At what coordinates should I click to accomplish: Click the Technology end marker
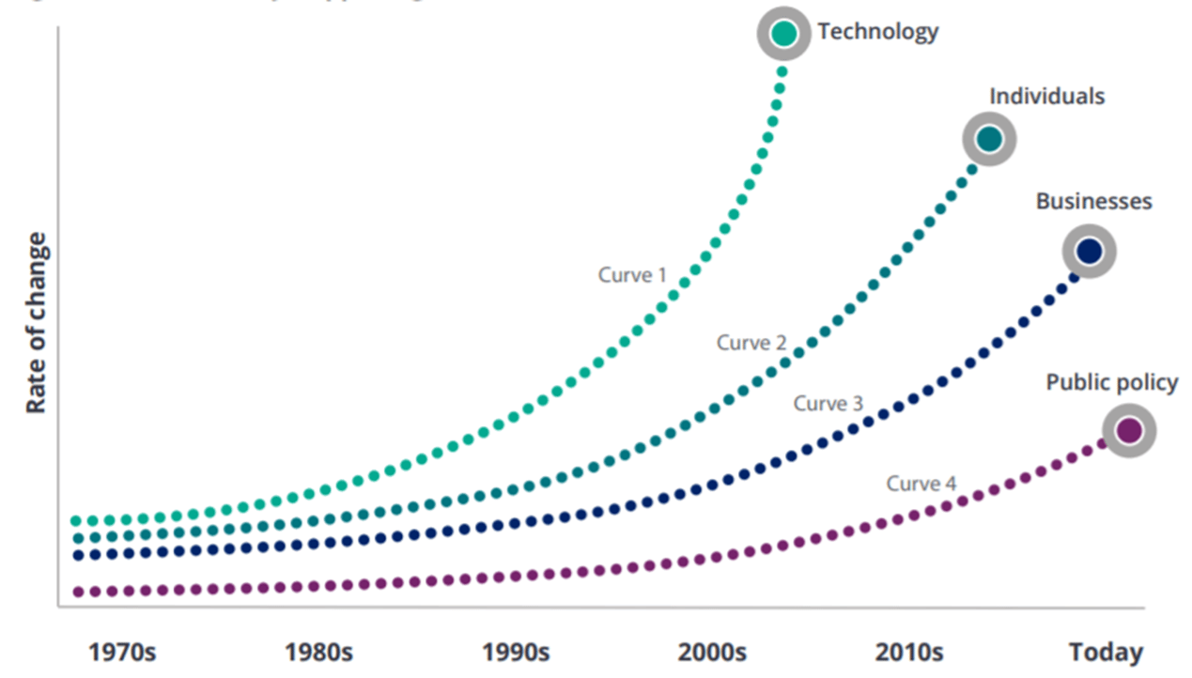(784, 34)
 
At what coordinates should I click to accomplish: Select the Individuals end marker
(989, 139)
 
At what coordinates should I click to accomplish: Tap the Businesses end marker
(1089, 251)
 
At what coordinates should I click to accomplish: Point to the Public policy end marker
(1128, 430)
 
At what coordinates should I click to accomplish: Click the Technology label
(877, 32)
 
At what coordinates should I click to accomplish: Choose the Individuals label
(1046, 96)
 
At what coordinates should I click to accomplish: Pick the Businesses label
(1093, 202)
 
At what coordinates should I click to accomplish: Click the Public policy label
(1112, 383)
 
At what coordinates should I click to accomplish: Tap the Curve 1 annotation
(632, 275)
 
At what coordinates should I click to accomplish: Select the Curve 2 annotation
(751, 343)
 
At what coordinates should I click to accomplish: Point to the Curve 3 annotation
(828, 404)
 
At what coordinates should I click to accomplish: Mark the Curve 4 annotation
(921, 484)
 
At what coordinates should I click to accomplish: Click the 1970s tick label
(122, 652)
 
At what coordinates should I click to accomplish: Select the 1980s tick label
(318, 652)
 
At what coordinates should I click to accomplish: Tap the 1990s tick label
(516, 652)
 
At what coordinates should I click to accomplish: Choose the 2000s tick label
(712, 652)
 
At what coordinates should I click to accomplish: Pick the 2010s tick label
(908, 652)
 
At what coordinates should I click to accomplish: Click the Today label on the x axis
(1106, 652)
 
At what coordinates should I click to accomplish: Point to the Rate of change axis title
(36, 324)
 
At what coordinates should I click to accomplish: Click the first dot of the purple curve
(78, 592)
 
